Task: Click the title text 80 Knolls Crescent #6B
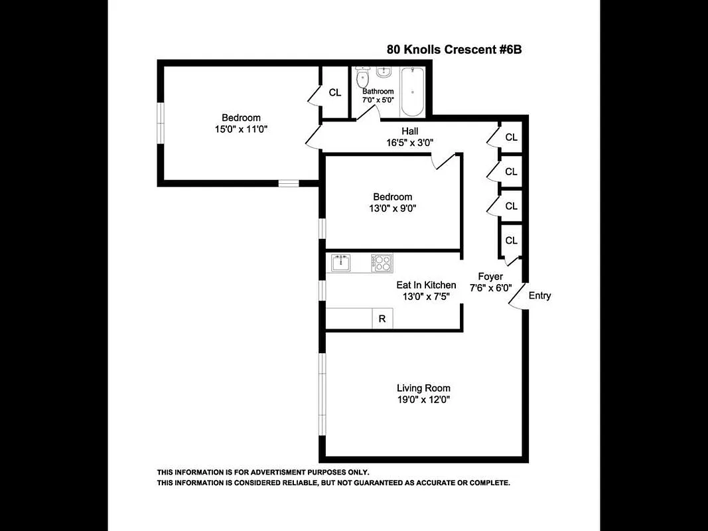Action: pyautogui.click(x=449, y=49)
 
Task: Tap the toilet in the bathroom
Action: pyautogui.click(x=362, y=79)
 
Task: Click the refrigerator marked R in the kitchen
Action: pyautogui.click(x=382, y=319)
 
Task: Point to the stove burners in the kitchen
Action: pyautogui.click(x=382, y=263)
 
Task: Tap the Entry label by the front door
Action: pyautogui.click(x=539, y=296)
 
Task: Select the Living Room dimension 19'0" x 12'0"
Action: pyautogui.click(x=423, y=400)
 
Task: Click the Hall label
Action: pyautogui.click(x=409, y=131)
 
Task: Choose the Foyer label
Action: pyautogui.click(x=491, y=276)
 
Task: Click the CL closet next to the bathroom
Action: pyautogui.click(x=335, y=92)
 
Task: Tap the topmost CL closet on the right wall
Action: pyautogui.click(x=511, y=137)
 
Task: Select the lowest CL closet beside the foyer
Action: pyautogui.click(x=511, y=240)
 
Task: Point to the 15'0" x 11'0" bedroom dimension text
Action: pyautogui.click(x=241, y=129)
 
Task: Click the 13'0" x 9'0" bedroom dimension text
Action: pyautogui.click(x=392, y=208)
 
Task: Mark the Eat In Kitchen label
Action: pyautogui.click(x=422, y=285)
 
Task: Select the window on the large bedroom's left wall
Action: pyautogui.click(x=160, y=122)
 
